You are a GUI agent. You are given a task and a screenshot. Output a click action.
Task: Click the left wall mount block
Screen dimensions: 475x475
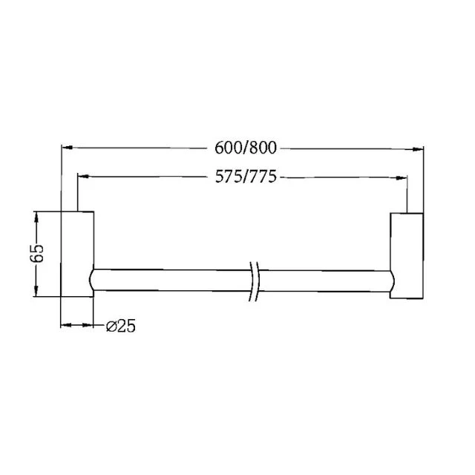(x=77, y=254)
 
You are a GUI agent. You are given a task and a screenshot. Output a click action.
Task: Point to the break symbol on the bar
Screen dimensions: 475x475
(x=255, y=281)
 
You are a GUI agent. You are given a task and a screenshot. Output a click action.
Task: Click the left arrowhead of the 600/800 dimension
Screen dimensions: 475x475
(x=65, y=147)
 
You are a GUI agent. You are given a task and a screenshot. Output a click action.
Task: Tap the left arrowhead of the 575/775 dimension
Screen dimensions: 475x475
(x=82, y=177)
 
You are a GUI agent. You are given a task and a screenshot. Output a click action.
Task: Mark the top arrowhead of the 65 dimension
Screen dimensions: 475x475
(x=36, y=216)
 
